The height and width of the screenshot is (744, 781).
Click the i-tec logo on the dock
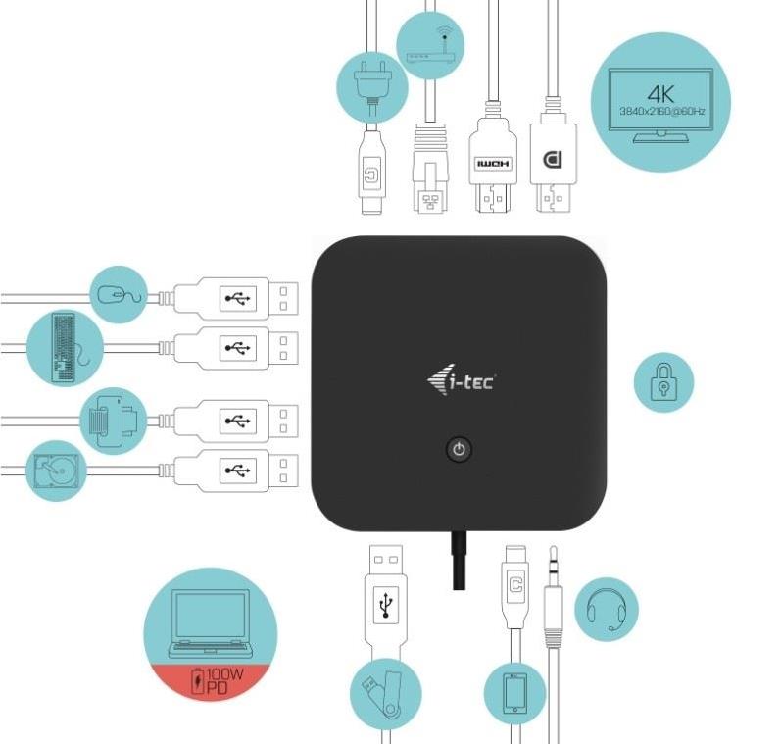coord(461,379)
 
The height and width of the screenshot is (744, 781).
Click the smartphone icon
coord(514,693)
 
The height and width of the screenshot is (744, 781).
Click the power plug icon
coord(371,83)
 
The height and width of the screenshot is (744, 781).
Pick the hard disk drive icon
coord(55,470)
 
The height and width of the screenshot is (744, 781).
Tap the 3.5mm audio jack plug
coord(554,598)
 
